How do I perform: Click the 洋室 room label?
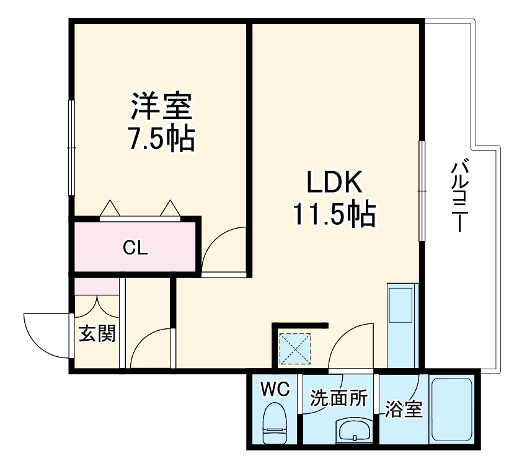tap(161, 106)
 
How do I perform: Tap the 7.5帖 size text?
tap(161, 138)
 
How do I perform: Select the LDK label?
tap(335, 182)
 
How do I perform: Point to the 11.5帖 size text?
tap(334, 214)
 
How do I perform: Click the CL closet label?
tap(135, 247)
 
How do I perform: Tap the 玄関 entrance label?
tap(97, 333)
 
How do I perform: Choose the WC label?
tap(275, 389)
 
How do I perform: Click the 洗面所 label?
tap(339, 398)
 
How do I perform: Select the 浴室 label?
tap(404, 409)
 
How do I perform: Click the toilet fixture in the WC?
tap(275, 423)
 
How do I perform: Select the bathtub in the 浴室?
tap(452, 409)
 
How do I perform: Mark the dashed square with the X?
tap(295, 349)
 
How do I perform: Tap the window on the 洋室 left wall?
tap(71, 147)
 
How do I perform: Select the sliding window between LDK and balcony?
tap(422, 191)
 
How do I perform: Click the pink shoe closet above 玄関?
tap(97, 286)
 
